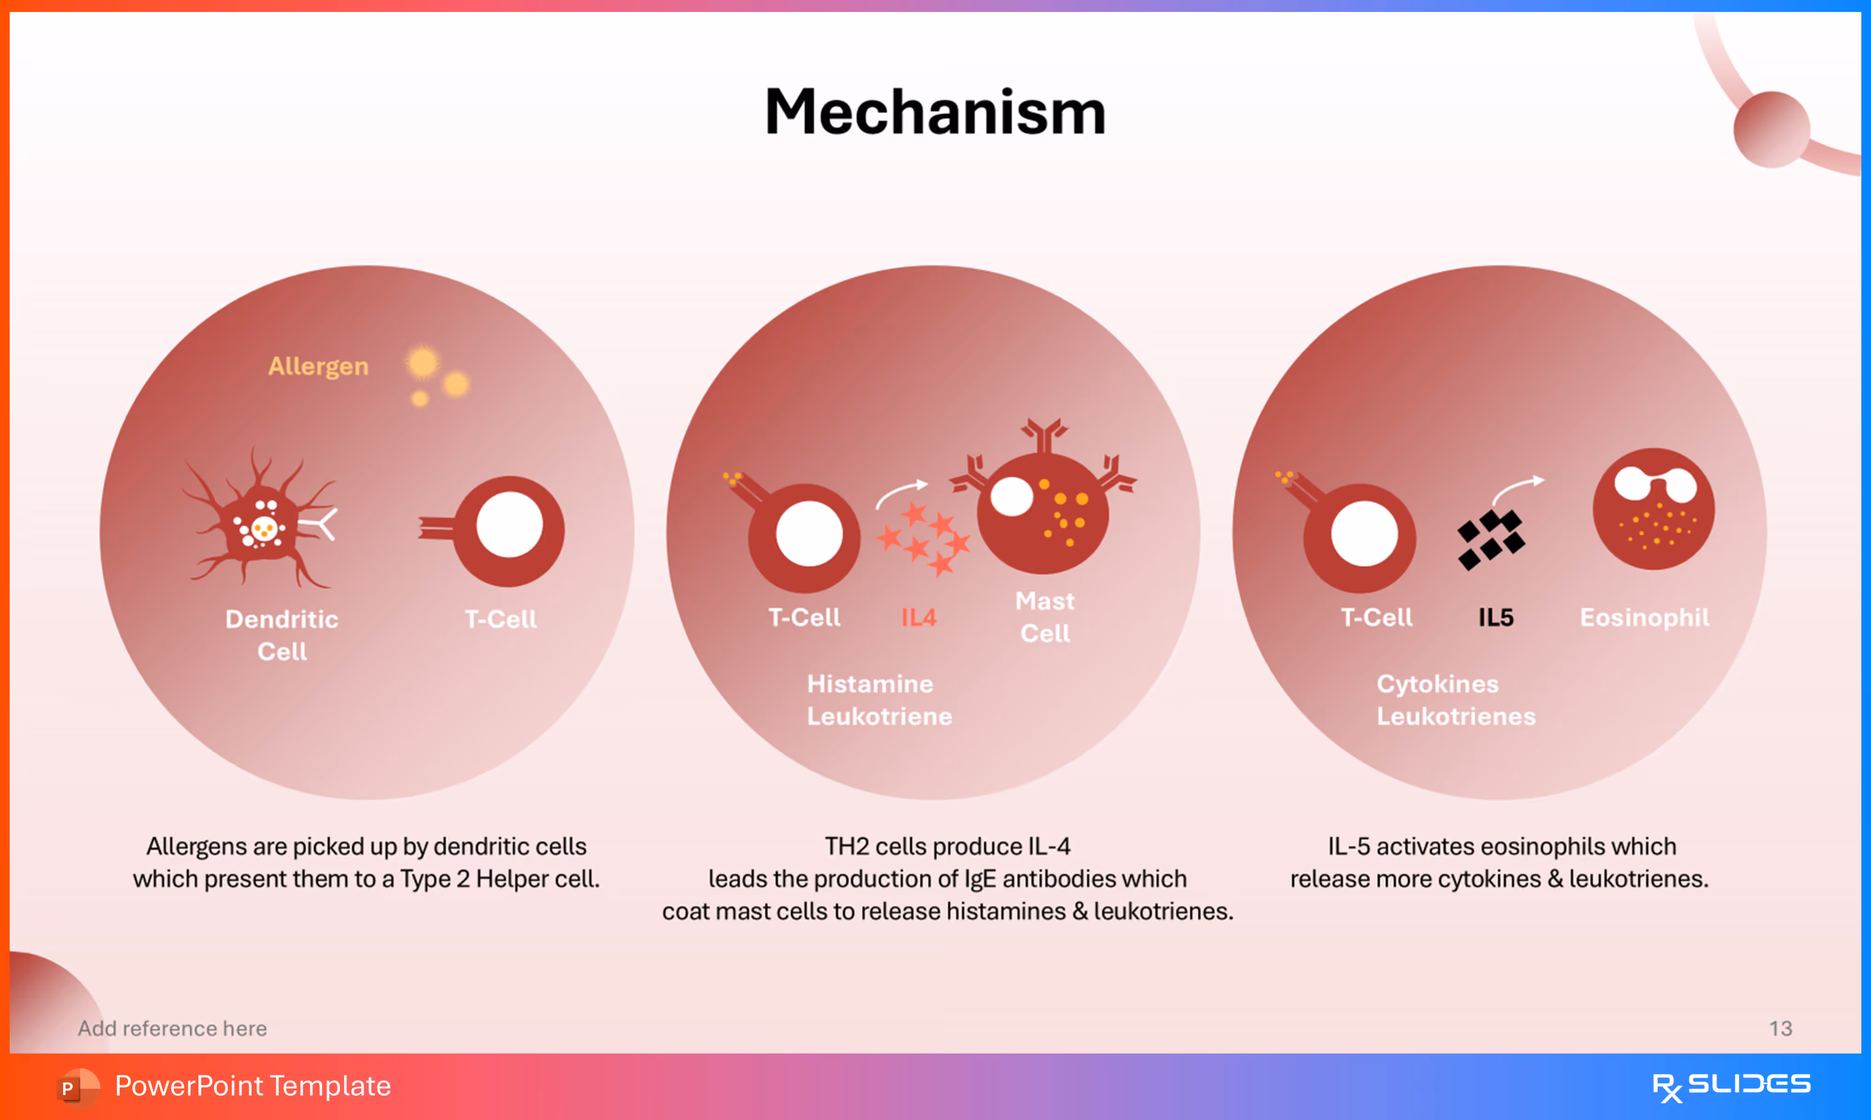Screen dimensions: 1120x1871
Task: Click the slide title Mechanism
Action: click(936, 112)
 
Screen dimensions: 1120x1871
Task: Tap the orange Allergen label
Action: click(318, 366)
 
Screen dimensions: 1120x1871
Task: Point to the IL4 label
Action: click(919, 618)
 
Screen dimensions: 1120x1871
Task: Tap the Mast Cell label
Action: click(1045, 617)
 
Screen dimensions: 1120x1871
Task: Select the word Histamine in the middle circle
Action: click(870, 684)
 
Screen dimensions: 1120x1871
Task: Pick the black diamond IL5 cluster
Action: click(1491, 539)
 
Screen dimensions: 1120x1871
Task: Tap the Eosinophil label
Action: click(1645, 618)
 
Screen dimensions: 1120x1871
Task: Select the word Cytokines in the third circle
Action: click(1437, 684)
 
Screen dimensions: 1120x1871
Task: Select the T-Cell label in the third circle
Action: click(1376, 618)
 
